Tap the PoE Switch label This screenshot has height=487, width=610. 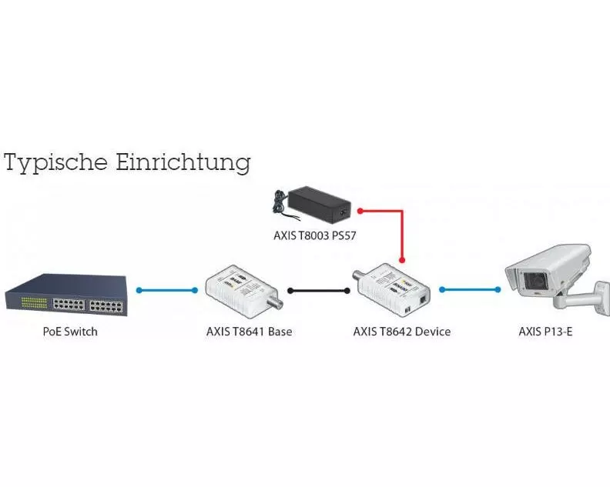[x=70, y=332]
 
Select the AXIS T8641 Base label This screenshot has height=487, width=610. [x=249, y=332]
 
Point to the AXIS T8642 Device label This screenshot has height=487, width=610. [x=401, y=332]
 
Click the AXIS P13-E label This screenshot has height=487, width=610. [x=548, y=332]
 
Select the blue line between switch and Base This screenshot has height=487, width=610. [x=167, y=290]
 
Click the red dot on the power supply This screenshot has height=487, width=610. [x=359, y=208]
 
